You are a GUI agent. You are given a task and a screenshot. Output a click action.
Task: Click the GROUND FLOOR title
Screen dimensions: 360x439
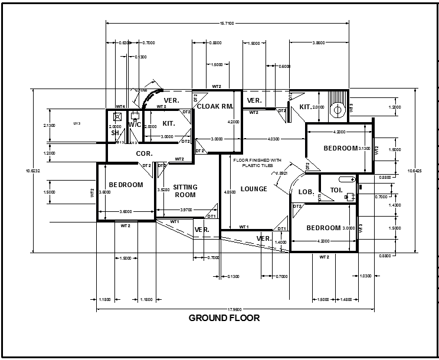(224, 318)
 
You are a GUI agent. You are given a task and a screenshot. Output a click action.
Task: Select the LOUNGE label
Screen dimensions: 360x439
(254, 189)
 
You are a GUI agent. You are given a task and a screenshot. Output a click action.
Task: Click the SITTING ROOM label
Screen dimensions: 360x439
(185, 191)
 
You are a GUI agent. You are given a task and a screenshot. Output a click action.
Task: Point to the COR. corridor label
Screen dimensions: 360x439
(145, 153)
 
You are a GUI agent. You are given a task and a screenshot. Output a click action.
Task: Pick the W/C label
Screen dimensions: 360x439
(135, 125)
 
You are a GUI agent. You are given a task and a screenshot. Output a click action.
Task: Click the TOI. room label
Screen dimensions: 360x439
(336, 191)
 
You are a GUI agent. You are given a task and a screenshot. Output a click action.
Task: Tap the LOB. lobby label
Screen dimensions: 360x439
(306, 192)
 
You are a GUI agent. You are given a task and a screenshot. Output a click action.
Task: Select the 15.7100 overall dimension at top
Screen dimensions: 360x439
(227, 23)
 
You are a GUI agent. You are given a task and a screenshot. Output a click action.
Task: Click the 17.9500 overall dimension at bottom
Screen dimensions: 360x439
(234, 309)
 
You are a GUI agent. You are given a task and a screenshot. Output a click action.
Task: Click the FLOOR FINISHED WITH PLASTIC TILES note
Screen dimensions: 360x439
(257, 163)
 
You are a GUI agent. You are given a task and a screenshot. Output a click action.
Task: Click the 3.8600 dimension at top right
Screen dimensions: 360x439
(318, 43)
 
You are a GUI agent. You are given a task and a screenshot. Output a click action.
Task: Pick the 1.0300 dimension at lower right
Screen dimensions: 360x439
(366, 276)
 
